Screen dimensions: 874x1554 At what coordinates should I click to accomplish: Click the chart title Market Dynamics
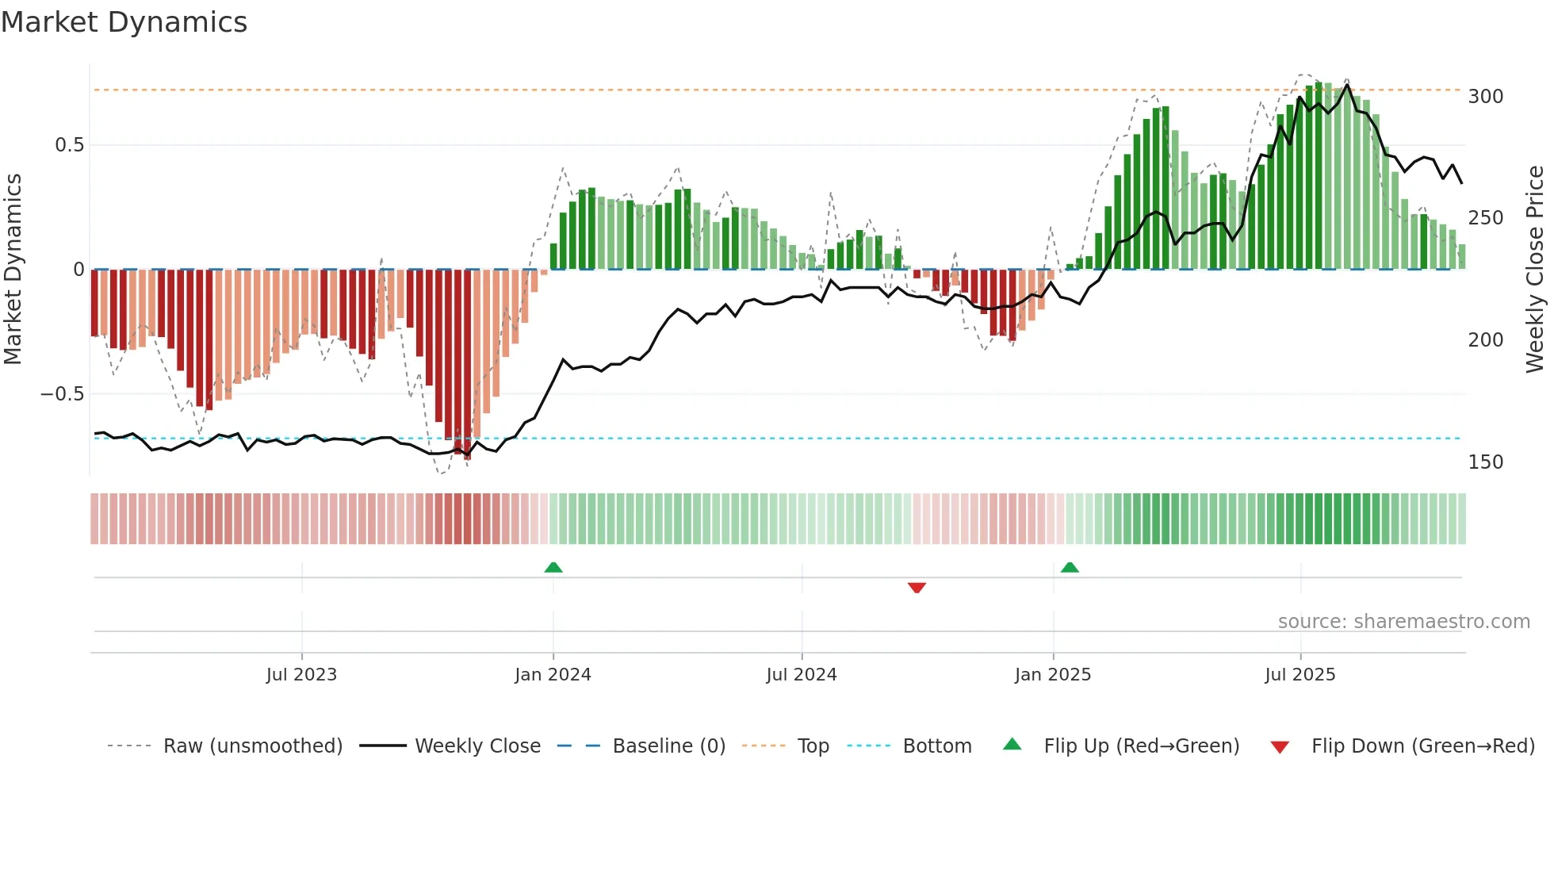pos(124,22)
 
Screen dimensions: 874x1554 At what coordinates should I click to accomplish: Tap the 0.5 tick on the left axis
pos(69,145)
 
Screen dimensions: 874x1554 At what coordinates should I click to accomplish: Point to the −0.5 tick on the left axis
pos(63,394)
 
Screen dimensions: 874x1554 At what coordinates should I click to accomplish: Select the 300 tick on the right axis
pos(1485,97)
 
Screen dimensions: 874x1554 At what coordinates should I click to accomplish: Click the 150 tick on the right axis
pos(1485,462)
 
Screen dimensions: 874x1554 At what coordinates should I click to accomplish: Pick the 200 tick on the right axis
pos(1485,340)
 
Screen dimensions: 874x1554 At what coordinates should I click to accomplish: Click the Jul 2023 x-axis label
pos(301,675)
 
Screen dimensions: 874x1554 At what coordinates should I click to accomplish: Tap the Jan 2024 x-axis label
pos(553,675)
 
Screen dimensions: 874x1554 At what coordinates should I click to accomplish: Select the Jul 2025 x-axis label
pos(1299,675)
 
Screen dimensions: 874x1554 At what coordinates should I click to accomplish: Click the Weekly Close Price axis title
pos(1535,269)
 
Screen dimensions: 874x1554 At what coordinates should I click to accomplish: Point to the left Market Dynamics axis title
pos(13,269)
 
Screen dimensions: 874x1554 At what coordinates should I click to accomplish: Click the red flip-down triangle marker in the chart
pos(917,588)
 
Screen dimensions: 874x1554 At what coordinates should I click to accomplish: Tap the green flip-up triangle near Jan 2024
pos(553,567)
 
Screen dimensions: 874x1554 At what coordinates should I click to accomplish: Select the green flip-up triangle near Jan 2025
pos(1070,567)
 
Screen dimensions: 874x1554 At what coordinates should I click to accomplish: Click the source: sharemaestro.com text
pos(1403,622)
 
